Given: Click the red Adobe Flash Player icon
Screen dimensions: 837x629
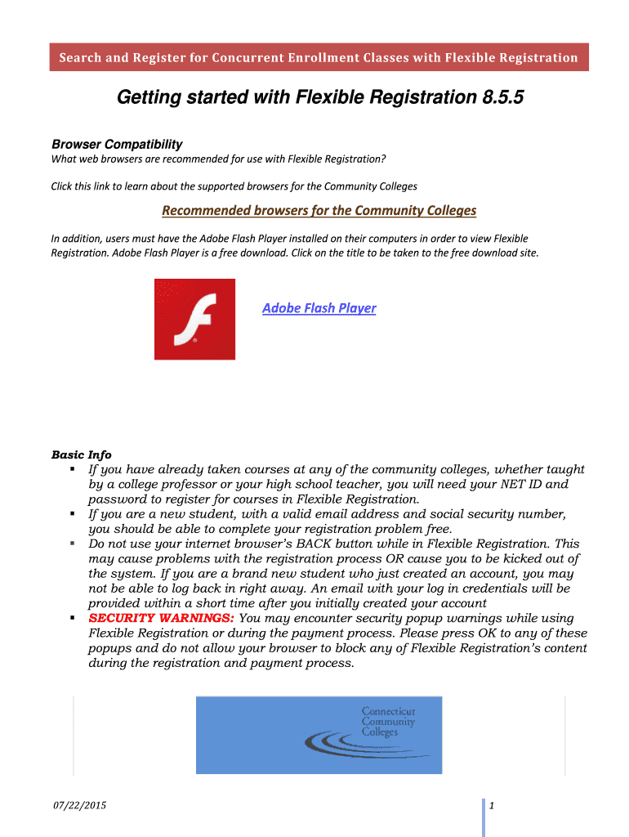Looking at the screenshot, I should [194, 319].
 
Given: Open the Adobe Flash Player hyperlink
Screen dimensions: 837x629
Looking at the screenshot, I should [319, 308].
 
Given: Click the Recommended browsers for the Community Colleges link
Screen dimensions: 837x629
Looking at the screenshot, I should [319, 210].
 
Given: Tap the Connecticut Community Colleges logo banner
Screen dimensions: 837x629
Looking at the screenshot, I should [319, 735].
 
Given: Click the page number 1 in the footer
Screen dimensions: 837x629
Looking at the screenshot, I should [493, 808].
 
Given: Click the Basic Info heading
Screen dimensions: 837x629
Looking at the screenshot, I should [81, 454].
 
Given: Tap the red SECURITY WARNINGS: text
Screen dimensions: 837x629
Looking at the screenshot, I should [161, 618].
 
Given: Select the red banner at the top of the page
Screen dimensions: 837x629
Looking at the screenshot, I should [319, 57].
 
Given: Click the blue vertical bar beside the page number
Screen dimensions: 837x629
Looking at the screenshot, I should [483, 817].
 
